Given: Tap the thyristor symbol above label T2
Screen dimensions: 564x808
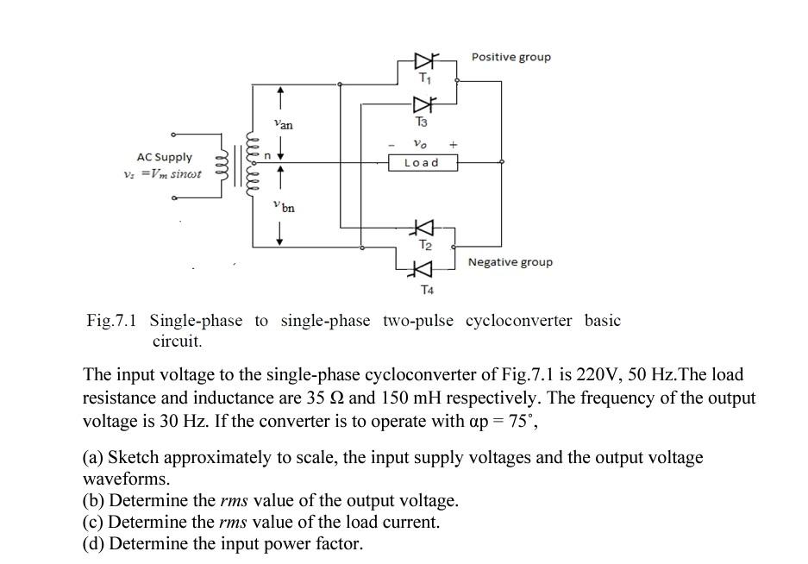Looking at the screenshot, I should [x=423, y=228].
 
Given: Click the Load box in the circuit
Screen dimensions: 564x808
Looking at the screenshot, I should [x=422, y=163].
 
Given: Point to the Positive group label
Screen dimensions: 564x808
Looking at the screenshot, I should [x=510, y=57].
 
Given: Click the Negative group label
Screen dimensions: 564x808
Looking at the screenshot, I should [x=510, y=262].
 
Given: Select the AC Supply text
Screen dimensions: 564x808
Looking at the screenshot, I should [x=165, y=157].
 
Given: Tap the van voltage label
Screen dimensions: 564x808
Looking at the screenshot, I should [x=283, y=125].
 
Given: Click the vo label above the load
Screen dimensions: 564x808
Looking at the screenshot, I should [x=420, y=143].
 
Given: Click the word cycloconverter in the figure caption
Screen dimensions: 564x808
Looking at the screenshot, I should [x=518, y=321].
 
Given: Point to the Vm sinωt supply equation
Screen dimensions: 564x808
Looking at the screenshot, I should [x=164, y=173].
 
